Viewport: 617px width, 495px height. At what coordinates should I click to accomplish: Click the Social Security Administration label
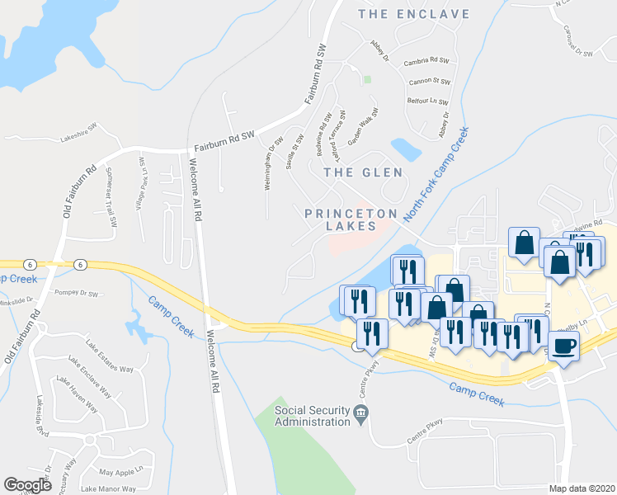313,417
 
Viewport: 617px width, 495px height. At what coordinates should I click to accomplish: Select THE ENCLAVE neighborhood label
415,14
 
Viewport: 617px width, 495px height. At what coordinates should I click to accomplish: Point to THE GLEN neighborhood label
364,172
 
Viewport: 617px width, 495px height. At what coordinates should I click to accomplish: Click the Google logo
27,485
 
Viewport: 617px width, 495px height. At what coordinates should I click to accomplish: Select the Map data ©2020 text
582,488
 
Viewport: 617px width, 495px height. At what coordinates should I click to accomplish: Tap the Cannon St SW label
430,82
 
